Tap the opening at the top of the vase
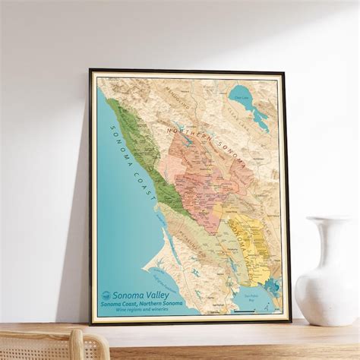(329, 219)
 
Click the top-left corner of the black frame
(90, 70)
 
